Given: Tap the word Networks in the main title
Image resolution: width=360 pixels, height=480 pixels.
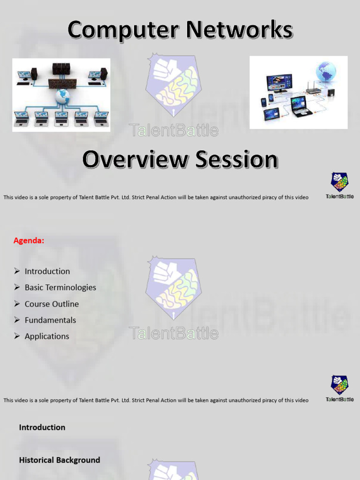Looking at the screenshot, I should click(239, 30).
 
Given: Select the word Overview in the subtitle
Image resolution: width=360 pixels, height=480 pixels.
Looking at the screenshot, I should click(134, 159).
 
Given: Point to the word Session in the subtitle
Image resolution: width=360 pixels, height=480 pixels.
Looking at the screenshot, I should click(237, 159).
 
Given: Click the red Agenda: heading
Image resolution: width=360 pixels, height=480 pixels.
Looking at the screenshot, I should click(29, 240).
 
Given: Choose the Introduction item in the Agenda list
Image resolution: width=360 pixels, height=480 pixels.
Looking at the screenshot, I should click(47, 271).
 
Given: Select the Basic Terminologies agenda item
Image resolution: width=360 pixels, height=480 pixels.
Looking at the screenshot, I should click(60, 287).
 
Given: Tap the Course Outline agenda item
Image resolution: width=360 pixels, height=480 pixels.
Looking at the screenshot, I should click(52, 304).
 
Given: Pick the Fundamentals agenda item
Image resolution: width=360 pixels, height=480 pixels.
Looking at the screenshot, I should click(50, 320).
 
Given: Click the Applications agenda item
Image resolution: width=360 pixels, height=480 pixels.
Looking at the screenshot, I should click(47, 336).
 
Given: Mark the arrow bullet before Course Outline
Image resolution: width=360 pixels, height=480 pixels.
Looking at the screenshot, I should click(17, 304).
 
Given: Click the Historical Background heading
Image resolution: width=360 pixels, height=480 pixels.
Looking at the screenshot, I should click(60, 460).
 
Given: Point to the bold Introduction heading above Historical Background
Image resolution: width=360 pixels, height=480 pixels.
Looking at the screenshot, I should click(42, 427).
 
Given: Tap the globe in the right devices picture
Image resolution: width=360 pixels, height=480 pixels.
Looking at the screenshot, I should click(326, 72).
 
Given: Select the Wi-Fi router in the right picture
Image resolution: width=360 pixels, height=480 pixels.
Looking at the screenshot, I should click(313, 89).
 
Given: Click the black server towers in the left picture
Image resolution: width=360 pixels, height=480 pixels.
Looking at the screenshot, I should click(61, 69).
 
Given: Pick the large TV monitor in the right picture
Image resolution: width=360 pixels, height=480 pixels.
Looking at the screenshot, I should click(279, 83).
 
